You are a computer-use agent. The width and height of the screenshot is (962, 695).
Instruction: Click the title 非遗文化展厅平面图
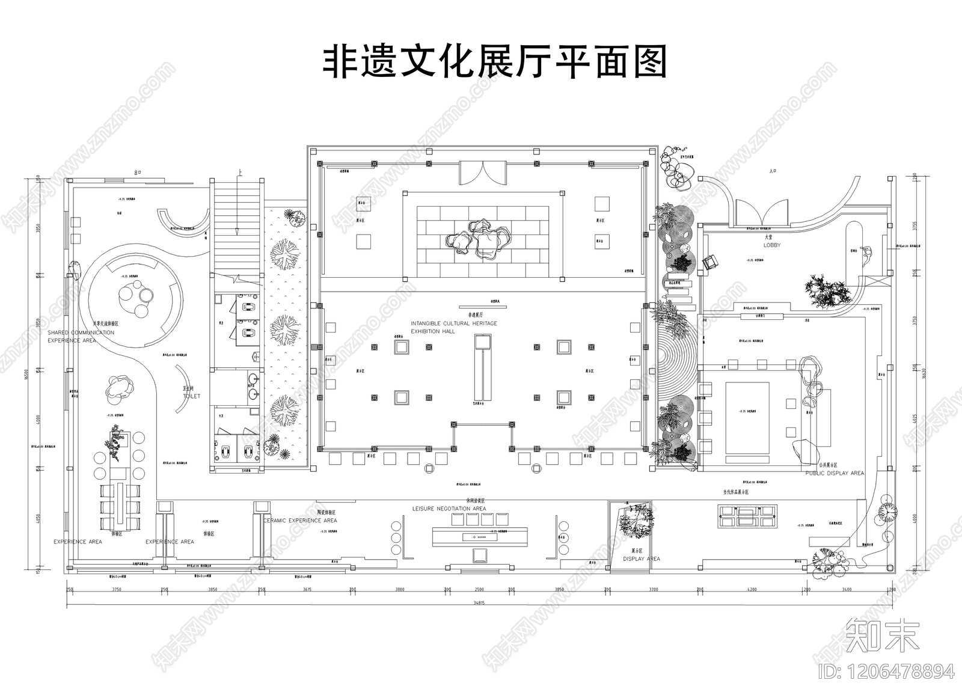click(495, 63)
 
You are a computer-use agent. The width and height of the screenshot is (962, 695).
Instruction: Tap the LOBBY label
click(772, 245)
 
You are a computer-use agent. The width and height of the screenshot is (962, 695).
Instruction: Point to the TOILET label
click(191, 396)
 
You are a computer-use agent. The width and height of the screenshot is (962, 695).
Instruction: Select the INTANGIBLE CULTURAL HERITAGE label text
click(454, 323)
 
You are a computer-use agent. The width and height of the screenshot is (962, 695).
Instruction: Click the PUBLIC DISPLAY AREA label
click(835, 473)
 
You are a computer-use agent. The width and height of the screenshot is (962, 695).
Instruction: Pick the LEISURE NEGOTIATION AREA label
click(449, 509)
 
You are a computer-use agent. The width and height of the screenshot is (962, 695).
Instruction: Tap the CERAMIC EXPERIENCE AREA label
click(300, 521)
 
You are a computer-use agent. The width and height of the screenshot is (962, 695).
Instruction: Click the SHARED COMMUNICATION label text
click(81, 332)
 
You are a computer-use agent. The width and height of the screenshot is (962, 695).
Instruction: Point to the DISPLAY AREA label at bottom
click(641, 559)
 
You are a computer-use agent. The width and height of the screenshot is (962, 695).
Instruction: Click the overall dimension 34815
click(479, 602)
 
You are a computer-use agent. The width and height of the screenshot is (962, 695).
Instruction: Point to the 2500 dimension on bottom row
click(479, 590)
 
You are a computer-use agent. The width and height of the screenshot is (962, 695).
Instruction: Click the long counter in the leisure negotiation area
click(479, 536)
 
